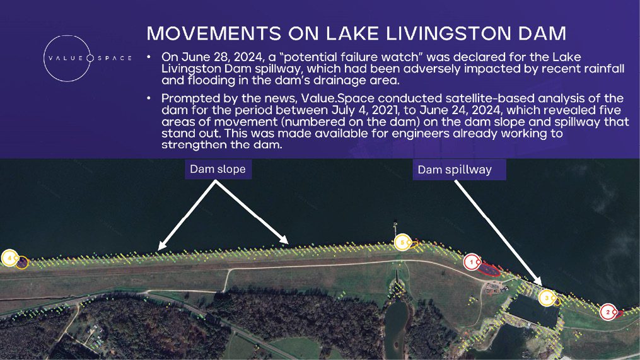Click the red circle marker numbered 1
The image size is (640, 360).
pos(472,262)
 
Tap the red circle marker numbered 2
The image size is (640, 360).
pos(608,312)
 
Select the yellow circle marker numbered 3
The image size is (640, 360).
pos(547,298)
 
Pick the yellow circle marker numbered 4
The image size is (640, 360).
pos(9,258)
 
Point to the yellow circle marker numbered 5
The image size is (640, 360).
pos(402,243)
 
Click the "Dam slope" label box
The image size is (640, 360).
pos(218,169)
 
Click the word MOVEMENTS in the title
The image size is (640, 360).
pos(214,33)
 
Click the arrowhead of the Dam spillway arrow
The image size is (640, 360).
pos(538,282)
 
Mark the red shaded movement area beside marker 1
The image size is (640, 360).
pos(489,269)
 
